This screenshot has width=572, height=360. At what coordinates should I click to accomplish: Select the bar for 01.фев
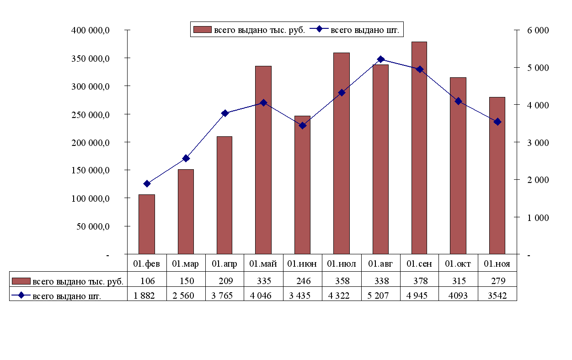pyautogui.click(x=147, y=224)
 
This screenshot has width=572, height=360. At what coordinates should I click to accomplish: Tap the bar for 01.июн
pyautogui.click(x=302, y=185)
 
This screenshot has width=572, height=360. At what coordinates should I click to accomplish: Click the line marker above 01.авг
pyautogui.click(x=381, y=59)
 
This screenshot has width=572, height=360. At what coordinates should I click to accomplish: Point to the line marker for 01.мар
pyautogui.click(x=186, y=158)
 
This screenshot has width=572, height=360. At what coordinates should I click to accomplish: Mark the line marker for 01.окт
pyautogui.click(x=458, y=101)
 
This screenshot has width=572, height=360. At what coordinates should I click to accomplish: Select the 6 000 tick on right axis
pyautogui.click(x=538, y=31)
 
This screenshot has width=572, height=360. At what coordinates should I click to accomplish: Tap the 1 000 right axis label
pyautogui.click(x=538, y=218)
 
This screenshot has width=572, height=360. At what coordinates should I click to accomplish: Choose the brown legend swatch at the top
pyautogui.click(x=201, y=30)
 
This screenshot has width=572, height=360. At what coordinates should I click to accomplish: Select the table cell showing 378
pyautogui.click(x=419, y=280)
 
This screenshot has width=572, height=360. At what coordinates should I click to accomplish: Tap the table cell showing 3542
pyautogui.click(x=497, y=296)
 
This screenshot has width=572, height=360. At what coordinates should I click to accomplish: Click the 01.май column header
pyautogui.click(x=263, y=264)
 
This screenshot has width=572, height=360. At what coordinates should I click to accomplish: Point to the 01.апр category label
pyautogui.click(x=224, y=264)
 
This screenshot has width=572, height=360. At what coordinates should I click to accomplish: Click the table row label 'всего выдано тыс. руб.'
pyautogui.click(x=78, y=281)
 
